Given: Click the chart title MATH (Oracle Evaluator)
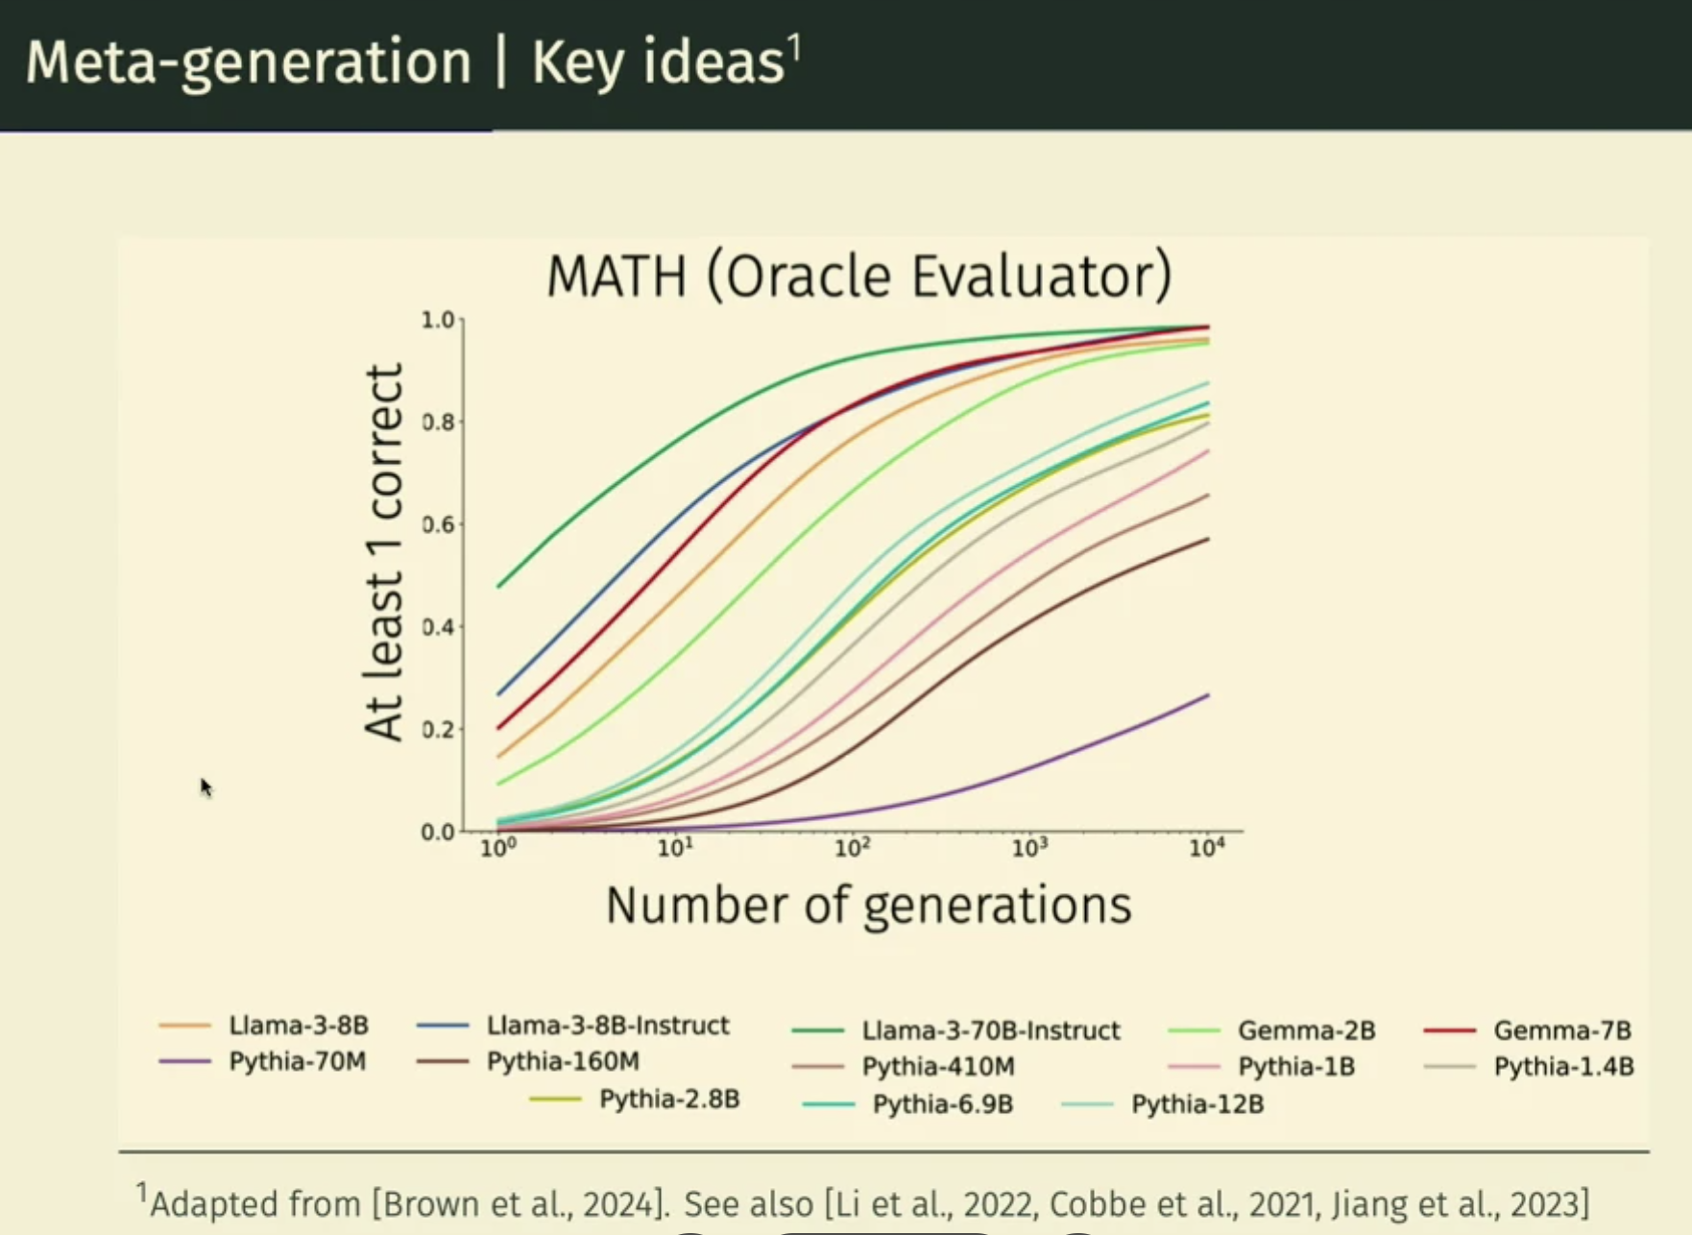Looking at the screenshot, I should click(x=858, y=277).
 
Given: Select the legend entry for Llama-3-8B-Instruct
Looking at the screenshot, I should click(x=607, y=1026).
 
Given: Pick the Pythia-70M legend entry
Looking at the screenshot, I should click(x=297, y=1061).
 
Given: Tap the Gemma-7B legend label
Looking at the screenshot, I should click(x=1561, y=1030).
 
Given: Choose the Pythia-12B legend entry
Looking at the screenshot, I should click(x=1196, y=1104).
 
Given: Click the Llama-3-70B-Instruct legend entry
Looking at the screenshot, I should click(x=990, y=1030).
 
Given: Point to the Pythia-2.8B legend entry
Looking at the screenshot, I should click(x=668, y=1099).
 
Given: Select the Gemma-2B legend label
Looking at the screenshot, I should click(x=1306, y=1030).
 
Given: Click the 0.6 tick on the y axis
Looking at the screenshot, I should click(x=439, y=524).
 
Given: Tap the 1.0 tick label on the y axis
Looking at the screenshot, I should click(x=438, y=320).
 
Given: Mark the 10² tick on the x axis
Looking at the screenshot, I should click(x=852, y=848).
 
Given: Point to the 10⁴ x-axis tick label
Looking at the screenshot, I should click(x=1206, y=848).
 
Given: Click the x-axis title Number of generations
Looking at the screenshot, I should click(x=868, y=906).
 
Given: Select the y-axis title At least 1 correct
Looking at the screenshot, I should click(x=383, y=552).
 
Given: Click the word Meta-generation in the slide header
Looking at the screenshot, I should click(x=249, y=62).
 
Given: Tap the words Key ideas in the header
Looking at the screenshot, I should click(x=659, y=62).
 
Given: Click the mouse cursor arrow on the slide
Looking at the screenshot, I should click(x=205, y=787).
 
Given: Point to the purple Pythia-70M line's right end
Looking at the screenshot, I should click(x=1207, y=695).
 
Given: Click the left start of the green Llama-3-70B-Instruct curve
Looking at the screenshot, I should click(x=498, y=586).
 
